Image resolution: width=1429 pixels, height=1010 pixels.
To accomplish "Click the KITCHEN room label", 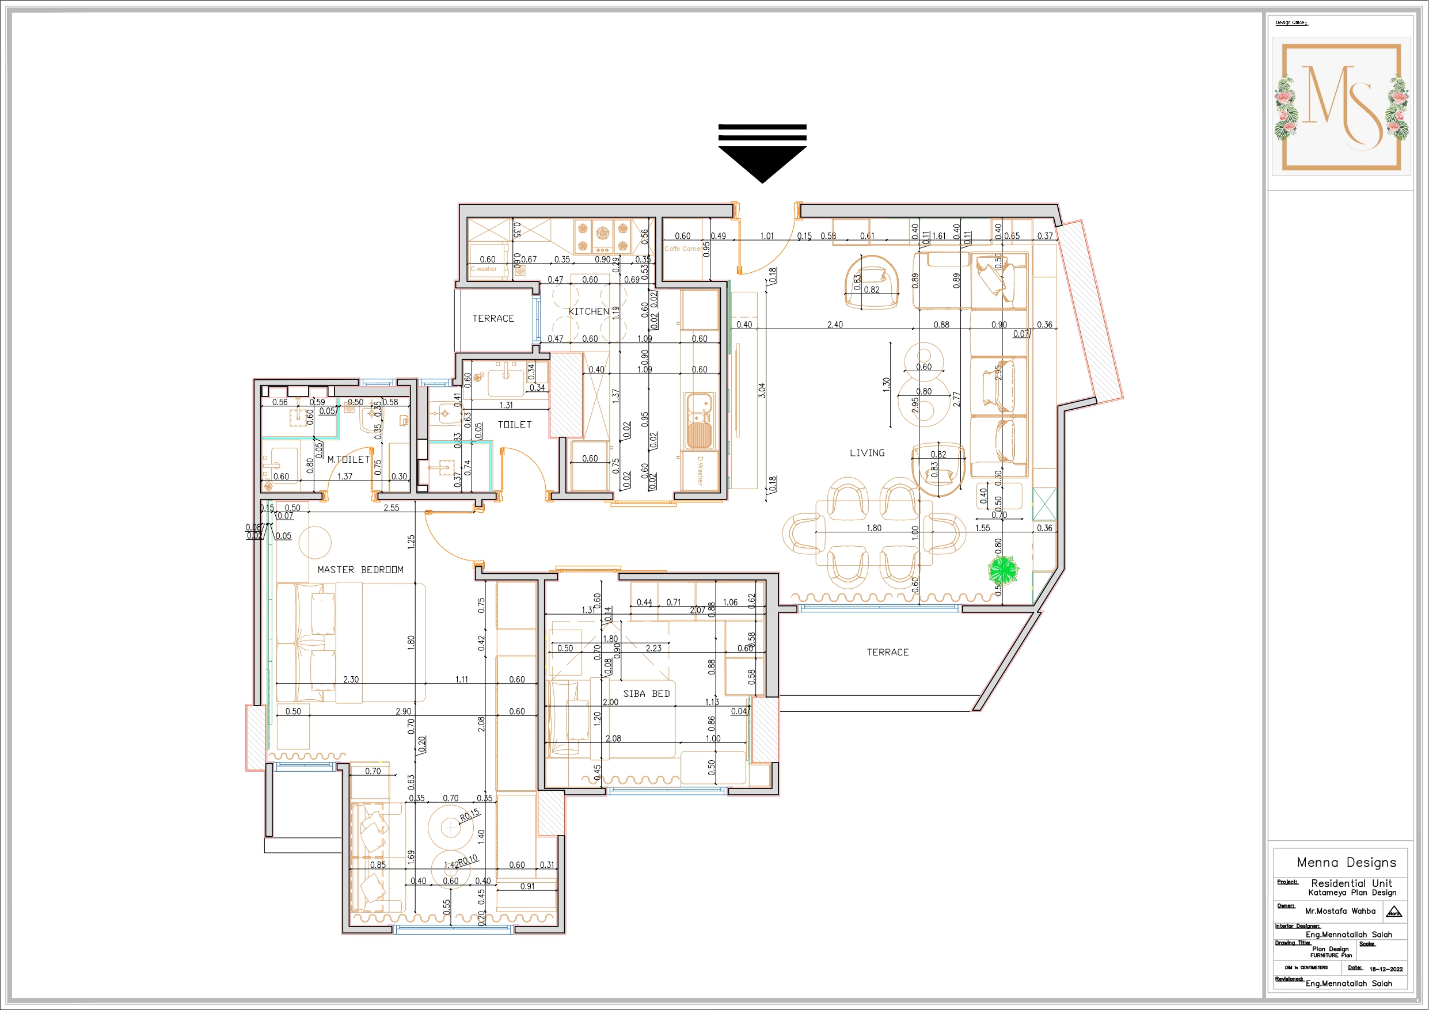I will (x=588, y=311).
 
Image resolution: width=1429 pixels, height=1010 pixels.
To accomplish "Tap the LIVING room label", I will (x=866, y=453).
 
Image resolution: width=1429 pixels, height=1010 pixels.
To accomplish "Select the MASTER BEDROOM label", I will (x=360, y=569).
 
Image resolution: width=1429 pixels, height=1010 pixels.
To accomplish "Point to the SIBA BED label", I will (x=646, y=693).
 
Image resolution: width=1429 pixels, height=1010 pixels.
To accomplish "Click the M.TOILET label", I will (x=348, y=459).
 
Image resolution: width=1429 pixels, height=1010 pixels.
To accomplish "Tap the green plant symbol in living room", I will (x=1003, y=569).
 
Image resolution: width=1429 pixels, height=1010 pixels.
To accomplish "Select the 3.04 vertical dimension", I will (x=762, y=390).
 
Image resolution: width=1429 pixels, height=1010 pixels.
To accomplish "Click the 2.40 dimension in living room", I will (x=835, y=324).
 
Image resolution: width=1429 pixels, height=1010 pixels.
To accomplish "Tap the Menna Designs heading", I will (x=1346, y=862).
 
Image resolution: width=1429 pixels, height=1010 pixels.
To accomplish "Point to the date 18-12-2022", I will (x=1386, y=969).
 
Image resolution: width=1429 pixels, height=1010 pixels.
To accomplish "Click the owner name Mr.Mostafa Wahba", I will (x=1340, y=910).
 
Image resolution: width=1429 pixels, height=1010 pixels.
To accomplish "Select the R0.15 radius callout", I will (x=470, y=814).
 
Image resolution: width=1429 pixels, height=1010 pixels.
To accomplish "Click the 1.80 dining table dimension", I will (x=873, y=528).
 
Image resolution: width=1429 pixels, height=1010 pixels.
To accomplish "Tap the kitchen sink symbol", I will (x=698, y=421).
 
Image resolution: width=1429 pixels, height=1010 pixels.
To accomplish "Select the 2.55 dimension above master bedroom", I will (x=391, y=508).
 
